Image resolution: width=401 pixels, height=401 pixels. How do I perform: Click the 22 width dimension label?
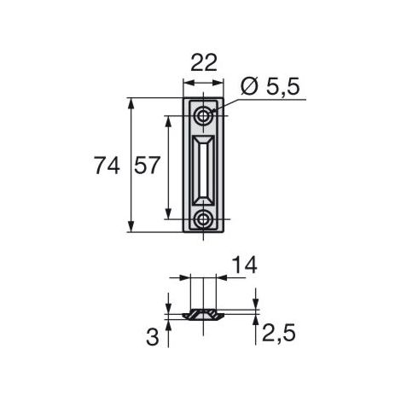point(204,62)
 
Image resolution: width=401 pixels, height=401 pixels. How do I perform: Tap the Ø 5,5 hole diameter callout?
point(270,86)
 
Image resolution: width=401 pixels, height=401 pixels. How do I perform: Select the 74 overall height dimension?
point(107,166)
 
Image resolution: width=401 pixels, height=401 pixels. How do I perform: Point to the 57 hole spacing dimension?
point(147,166)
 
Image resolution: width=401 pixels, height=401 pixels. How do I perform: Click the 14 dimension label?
point(245,264)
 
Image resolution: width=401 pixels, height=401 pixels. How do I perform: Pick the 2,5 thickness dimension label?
point(279,333)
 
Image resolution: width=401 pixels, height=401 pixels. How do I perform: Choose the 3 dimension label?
point(153,337)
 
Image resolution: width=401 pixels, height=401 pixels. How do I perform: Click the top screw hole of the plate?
point(203,116)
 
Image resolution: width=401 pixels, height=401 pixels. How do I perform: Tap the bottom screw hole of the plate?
point(203,219)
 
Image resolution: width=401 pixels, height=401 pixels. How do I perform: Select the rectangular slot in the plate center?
point(203,171)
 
